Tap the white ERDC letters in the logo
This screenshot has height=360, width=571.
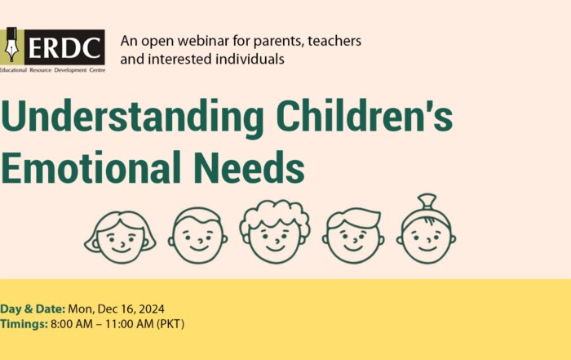[64, 47]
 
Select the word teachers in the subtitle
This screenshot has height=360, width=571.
[334, 41]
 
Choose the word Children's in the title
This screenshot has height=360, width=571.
[365, 116]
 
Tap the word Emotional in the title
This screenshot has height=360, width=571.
[91, 167]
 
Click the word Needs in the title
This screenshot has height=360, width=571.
[249, 167]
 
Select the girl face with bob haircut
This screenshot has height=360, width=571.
[120, 238]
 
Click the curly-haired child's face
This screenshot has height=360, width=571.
[275, 232]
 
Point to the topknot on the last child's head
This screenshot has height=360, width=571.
[427, 202]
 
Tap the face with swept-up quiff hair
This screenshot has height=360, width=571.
[353, 235]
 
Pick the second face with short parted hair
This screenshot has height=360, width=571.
[198, 235]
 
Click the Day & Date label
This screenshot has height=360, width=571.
[33, 309]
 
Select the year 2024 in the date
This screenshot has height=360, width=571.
[152, 309]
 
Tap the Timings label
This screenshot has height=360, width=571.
[24, 324]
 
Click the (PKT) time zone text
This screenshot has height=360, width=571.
[170, 324]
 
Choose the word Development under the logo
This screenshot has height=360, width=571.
[71, 70]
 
